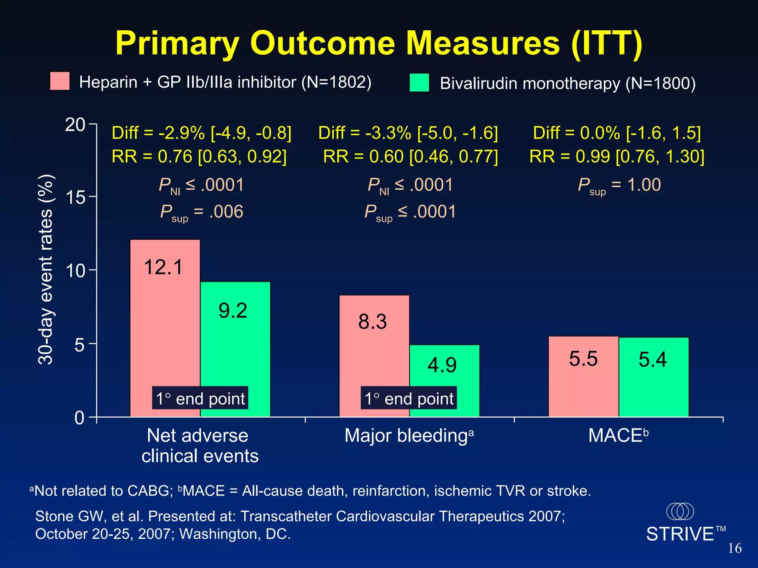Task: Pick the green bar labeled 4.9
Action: (x=445, y=381)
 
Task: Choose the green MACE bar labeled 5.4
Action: (x=654, y=377)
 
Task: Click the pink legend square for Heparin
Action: (x=60, y=81)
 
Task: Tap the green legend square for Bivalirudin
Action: (x=419, y=83)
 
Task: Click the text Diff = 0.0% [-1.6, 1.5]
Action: (x=617, y=133)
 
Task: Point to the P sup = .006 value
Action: (x=202, y=212)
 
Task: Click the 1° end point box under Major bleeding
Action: (x=409, y=398)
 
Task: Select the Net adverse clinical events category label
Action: (x=199, y=446)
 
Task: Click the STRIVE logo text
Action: (x=680, y=534)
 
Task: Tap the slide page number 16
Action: (x=735, y=548)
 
